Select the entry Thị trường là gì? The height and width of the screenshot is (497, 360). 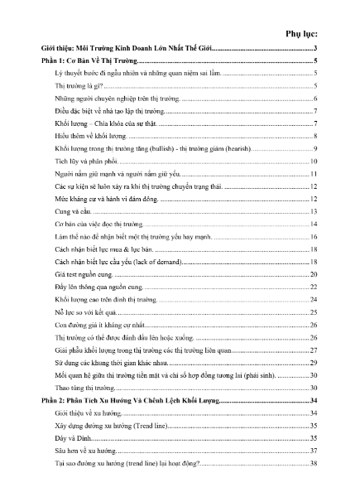coord(79,86)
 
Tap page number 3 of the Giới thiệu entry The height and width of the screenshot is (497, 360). coord(317,51)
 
